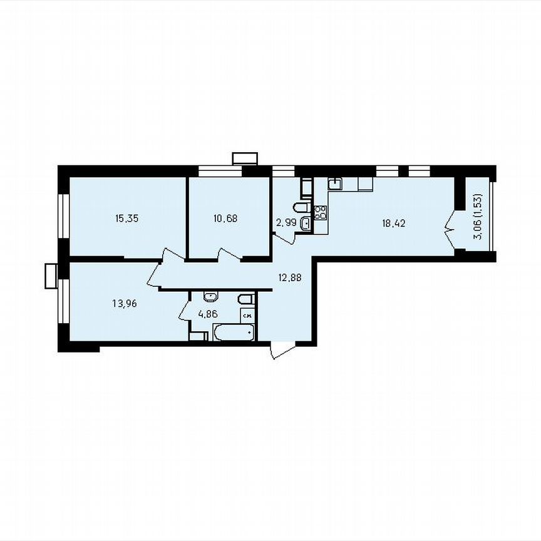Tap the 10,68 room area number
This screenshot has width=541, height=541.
tap(225, 219)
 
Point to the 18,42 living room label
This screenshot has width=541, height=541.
tap(394, 222)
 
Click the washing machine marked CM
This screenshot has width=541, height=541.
tap(247, 316)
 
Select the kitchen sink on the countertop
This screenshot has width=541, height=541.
tap(335, 183)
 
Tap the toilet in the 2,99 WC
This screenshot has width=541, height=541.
tap(301, 207)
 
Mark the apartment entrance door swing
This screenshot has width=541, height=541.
tap(281, 351)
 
